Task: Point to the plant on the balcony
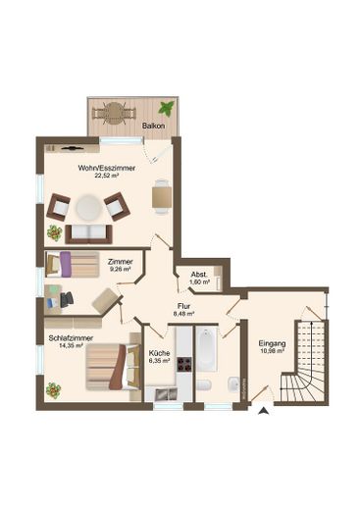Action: click(171, 105)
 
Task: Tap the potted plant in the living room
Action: click(54, 233)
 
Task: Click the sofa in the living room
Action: click(88, 233)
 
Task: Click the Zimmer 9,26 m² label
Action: click(121, 266)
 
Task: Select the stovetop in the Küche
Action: click(156, 378)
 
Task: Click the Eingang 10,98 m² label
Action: click(271, 347)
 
